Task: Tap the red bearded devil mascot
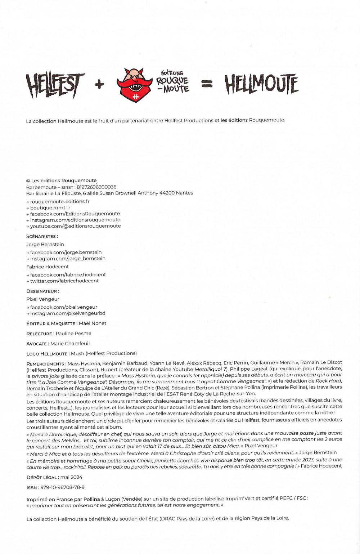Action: pyautogui.click(x=135, y=85)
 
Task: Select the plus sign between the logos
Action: pyautogui.click(x=99, y=85)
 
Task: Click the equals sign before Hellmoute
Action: pyautogui.click(x=207, y=84)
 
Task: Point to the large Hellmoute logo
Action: pyautogui.click(x=262, y=84)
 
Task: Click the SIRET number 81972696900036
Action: pyautogui.click(x=96, y=187)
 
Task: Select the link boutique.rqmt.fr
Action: pyautogui.click(x=50, y=208)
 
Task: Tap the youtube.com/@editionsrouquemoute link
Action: pyautogui.click(x=75, y=226)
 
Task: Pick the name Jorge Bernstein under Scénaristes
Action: pyautogui.click(x=45, y=245)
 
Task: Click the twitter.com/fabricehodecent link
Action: pyautogui.click(x=64, y=281)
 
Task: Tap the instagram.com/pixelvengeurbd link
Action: pyautogui.click(x=68, y=313)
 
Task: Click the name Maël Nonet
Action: pyautogui.click(x=93, y=323)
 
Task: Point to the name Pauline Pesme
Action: pyautogui.click(x=73, y=334)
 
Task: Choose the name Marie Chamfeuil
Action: pyautogui.click(x=70, y=344)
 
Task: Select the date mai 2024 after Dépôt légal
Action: pyautogui.click(x=71, y=477)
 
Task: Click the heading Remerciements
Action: pyautogui.click(x=45, y=364)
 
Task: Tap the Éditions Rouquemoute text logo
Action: pyautogui.click(x=172, y=82)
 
